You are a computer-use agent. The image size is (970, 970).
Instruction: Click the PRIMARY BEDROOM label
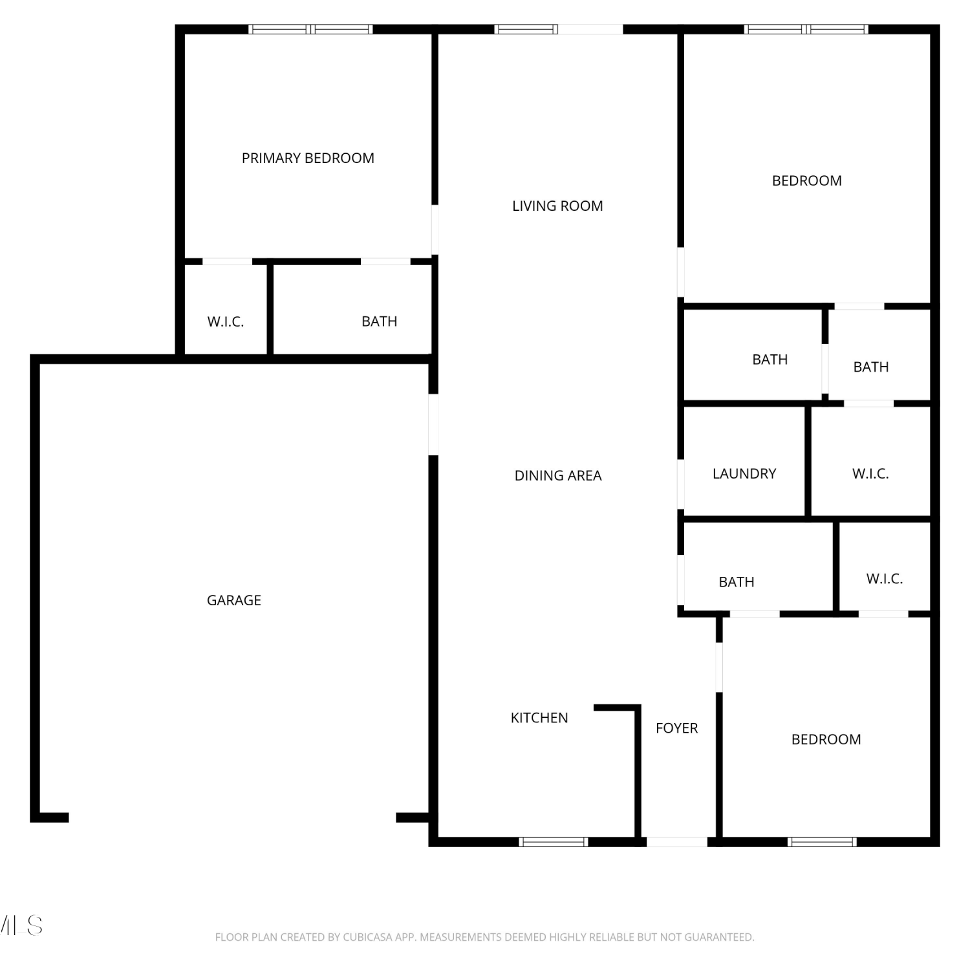coord(308,158)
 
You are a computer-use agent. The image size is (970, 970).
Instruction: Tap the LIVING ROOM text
coord(557,206)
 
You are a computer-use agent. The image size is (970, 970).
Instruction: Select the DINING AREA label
coord(558,475)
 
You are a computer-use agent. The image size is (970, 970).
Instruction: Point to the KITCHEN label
coord(539,717)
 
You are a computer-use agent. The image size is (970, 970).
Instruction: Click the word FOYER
coord(676,728)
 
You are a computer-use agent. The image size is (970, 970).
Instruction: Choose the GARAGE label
coord(234,600)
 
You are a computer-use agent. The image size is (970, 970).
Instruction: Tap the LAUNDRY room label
coord(744,473)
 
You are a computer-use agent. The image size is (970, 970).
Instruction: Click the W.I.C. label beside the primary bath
coord(226,321)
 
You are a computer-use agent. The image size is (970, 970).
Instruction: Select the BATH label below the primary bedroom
coord(379,321)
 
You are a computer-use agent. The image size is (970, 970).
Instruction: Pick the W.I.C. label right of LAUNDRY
coord(870,473)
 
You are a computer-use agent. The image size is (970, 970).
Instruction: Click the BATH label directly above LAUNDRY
coord(770,359)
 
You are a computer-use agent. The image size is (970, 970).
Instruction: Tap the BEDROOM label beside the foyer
coord(826,739)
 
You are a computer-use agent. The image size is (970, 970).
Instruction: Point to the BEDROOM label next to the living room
coord(806,180)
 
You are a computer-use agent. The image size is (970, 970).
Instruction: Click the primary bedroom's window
coord(310,29)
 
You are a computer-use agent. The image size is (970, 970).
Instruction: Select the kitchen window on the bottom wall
coord(553,841)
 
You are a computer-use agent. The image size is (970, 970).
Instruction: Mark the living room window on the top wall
coord(526,29)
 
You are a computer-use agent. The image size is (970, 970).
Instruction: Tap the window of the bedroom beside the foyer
coord(822,841)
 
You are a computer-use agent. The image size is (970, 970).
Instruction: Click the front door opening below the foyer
coord(676,841)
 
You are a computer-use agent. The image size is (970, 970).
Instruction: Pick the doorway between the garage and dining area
coord(433,424)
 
